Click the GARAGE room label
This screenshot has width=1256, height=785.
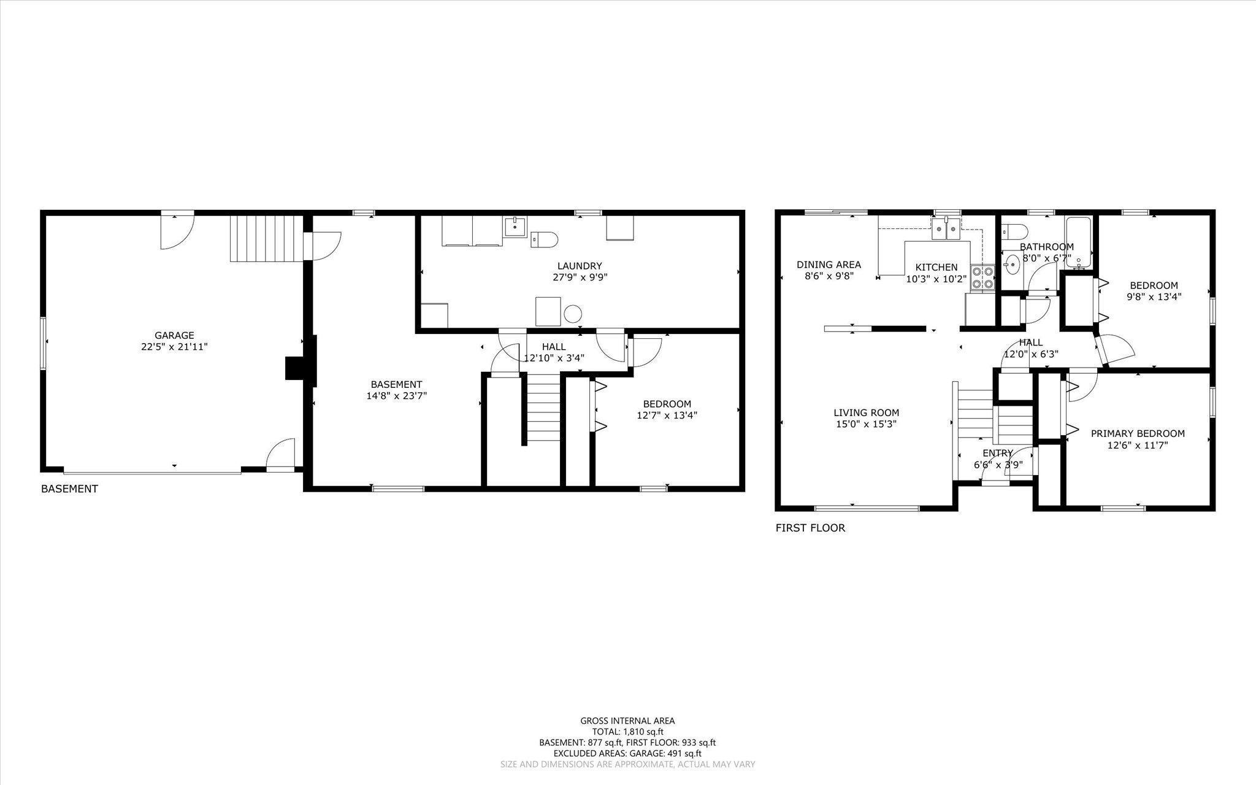pos(174,335)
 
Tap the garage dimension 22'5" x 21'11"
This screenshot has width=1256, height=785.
pos(174,347)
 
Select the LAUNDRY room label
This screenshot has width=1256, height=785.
pos(580,266)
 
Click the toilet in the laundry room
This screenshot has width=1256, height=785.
pos(544,239)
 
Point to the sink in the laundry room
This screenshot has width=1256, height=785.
pos(515,227)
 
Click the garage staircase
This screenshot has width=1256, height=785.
pos(267,238)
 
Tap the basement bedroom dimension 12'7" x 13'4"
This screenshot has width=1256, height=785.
pos(667,415)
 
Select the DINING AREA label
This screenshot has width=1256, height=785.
pos(829,265)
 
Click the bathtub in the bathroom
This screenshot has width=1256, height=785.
pos(1078,243)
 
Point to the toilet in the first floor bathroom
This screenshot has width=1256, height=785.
pos(1014,232)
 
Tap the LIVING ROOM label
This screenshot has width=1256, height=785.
pos(866,413)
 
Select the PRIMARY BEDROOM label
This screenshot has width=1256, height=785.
pos(1138,433)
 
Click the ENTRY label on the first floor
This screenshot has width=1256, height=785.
pos(998,454)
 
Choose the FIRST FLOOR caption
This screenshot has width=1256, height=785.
pos(810,528)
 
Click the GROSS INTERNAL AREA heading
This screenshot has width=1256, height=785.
pos(627,721)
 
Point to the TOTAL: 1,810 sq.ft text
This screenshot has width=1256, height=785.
pos(627,732)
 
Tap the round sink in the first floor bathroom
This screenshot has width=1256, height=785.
pos(1012,265)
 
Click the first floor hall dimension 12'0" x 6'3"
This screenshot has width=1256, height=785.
pos(1031,354)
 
